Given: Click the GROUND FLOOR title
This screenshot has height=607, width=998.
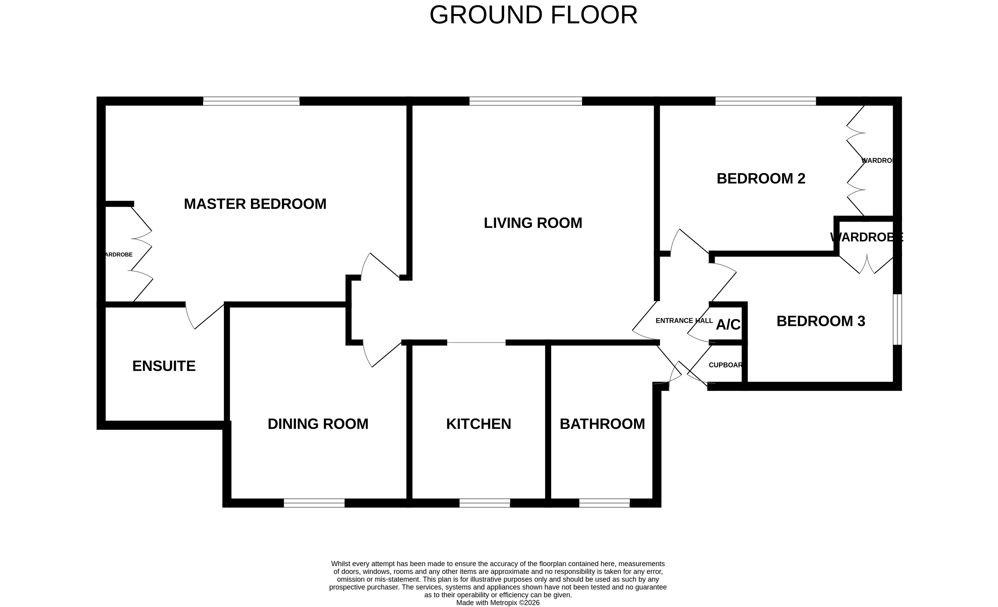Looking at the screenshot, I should (533, 15).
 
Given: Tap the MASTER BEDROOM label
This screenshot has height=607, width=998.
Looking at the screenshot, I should (255, 204).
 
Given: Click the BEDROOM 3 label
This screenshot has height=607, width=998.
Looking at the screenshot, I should (821, 321).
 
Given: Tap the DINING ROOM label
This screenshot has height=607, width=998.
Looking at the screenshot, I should (318, 424).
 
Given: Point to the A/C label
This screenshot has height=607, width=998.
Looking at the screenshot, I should (728, 325).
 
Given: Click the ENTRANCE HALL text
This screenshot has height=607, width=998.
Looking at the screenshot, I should (684, 321).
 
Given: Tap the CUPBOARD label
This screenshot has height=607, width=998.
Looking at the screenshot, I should (725, 365).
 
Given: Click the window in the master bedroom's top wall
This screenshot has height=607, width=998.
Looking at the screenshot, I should (251, 101).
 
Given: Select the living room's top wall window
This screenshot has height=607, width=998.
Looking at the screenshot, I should (525, 101).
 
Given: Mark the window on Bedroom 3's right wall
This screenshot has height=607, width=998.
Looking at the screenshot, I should (897, 319).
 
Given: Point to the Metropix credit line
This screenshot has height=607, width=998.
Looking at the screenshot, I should (498, 602).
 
